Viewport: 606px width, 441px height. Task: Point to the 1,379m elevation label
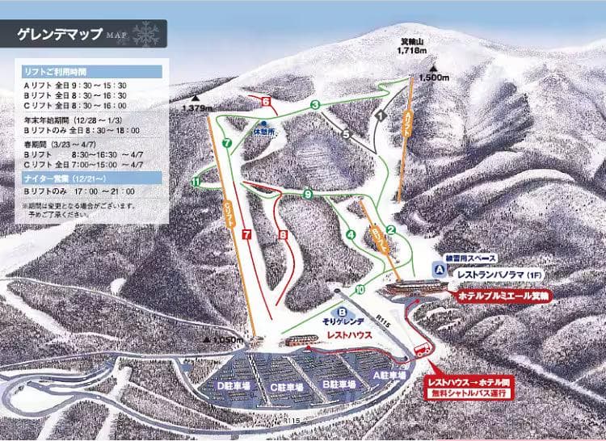pos(199,107)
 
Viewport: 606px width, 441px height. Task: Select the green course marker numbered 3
pos(314,105)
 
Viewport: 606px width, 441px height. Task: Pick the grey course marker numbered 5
pos(346,134)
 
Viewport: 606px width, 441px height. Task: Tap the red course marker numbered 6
pos(265,101)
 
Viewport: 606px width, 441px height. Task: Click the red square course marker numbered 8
pos(283,235)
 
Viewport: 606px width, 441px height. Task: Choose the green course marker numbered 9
pos(307,194)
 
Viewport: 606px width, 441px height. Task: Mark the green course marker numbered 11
pos(196,183)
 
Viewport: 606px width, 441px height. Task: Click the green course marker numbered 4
pos(351,235)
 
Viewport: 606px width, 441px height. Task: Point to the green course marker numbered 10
pos(359,288)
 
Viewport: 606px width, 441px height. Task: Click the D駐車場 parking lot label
pos(234,386)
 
